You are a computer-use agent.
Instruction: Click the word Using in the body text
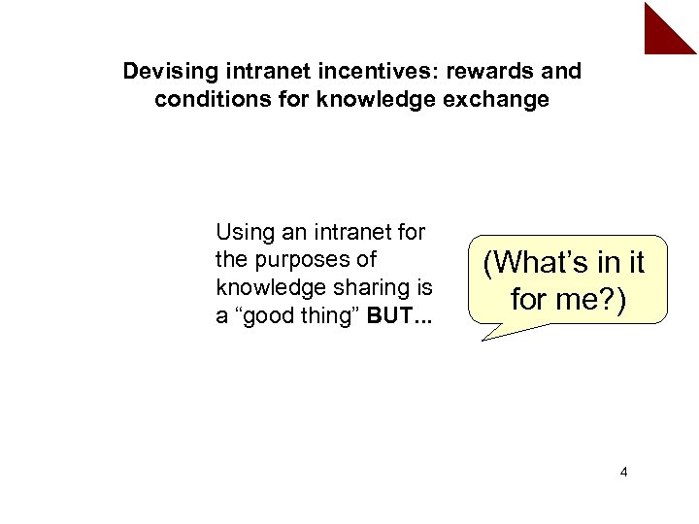point(243,233)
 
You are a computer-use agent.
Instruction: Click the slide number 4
point(623,473)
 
